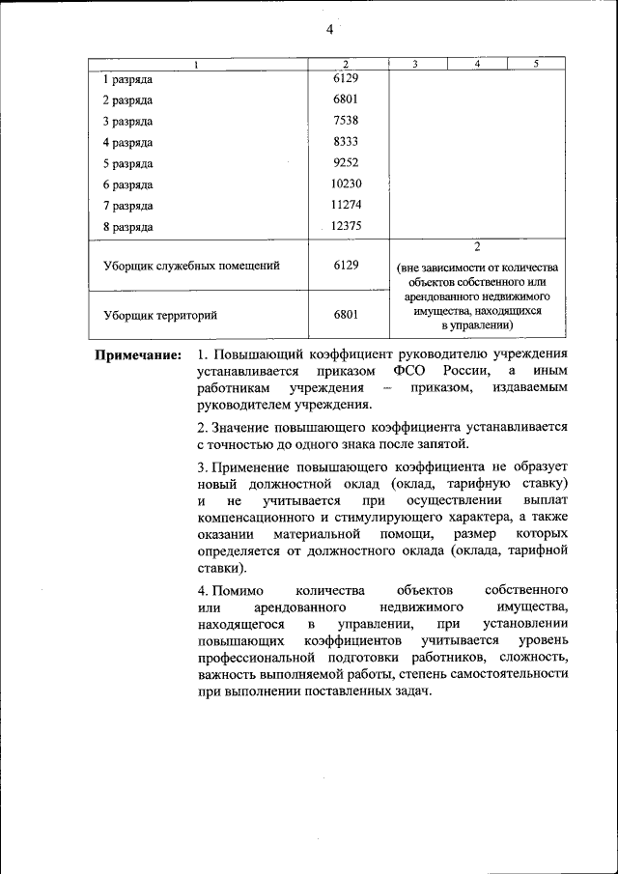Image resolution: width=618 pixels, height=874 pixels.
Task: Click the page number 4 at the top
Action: click(x=329, y=30)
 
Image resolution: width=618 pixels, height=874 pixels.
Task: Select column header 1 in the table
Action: click(x=197, y=65)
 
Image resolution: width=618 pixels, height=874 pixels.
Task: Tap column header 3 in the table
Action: click(x=414, y=65)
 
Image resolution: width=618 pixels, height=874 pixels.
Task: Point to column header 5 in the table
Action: click(x=537, y=65)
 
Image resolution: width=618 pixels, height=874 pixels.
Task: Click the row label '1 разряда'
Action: click(x=127, y=79)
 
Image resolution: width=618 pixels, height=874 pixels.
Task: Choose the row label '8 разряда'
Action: click(x=127, y=227)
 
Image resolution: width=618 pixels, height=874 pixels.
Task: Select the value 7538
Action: click(x=345, y=121)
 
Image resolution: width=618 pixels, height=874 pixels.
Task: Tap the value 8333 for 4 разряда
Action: click(x=345, y=142)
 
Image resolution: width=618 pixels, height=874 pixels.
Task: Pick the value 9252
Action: click(x=345, y=163)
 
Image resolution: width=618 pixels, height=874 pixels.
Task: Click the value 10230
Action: click(x=345, y=184)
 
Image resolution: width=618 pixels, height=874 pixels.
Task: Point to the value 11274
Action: click(x=345, y=205)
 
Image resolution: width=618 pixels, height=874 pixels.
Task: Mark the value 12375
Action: click(x=345, y=226)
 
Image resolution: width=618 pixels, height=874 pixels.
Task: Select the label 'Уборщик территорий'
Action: click(x=159, y=315)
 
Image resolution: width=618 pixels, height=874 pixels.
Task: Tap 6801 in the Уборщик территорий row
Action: click(x=345, y=315)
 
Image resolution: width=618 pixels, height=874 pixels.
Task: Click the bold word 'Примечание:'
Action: click(x=138, y=355)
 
